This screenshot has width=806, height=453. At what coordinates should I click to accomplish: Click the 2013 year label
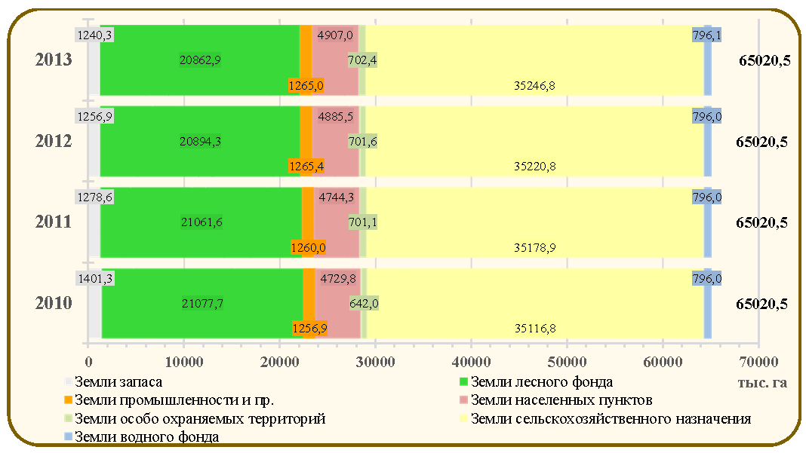[x=54, y=60]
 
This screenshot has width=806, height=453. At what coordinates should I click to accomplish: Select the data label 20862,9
[x=200, y=60]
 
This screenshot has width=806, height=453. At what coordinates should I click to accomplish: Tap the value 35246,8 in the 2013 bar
[x=534, y=86]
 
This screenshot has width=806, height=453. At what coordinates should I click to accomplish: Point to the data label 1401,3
[x=95, y=279]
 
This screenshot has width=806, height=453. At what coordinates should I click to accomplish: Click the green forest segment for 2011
[x=201, y=222]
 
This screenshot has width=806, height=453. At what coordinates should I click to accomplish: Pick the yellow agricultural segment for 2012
[x=534, y=141]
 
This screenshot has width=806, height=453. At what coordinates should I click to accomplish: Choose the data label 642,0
[x=364, y=304]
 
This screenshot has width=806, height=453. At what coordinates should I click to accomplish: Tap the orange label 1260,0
[x=308, y=248]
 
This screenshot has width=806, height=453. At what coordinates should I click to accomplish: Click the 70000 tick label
[x=758, y=362]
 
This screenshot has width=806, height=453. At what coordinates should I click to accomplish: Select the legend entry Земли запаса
[x=114, y=382]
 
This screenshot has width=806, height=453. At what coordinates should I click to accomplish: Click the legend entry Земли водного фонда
[x=143, y=437]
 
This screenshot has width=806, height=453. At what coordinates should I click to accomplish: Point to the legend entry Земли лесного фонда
[x=536, y=382]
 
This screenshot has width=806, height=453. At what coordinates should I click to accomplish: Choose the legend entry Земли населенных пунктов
[x=556, y=400]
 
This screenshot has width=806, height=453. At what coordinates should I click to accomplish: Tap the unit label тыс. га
[x=762, y=383]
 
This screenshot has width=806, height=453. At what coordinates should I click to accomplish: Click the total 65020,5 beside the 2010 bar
[x=761, y=304]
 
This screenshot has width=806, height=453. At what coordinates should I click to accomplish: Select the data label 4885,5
[x=336, y=117]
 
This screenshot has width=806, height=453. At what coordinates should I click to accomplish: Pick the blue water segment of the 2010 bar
[x=707, y=304]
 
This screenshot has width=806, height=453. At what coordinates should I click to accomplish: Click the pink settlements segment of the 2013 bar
[x=335, y=60]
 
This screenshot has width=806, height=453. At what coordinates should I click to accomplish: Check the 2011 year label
[x=54, y=222]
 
